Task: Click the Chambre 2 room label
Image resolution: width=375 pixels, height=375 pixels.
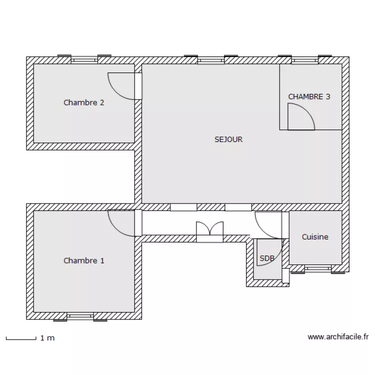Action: tap(83, 102)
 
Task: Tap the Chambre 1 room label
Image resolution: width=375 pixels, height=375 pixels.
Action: tap(84, 260)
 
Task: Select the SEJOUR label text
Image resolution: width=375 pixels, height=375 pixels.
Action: tap(228, 139)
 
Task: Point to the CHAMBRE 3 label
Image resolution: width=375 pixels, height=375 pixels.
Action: tap(309, 96)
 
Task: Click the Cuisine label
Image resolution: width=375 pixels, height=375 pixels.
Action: tap(315, 237)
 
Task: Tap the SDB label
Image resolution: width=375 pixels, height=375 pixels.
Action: tap(267, 258)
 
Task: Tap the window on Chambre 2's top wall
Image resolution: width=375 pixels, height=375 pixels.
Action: tap(84, 60)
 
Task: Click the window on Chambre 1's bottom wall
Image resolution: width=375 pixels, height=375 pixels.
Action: tap(80, 316)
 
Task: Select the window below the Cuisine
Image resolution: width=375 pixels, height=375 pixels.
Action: tap(318, 268)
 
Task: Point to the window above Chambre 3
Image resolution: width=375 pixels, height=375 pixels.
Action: tap(305, 60)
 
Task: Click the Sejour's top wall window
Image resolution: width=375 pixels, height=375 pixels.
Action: tap(211, 60)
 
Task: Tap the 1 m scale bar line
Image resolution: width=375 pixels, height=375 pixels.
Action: tap(21, 339)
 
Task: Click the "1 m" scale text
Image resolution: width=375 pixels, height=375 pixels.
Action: tap(47, 338)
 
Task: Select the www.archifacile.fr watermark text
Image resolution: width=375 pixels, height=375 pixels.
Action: tap(338, 337)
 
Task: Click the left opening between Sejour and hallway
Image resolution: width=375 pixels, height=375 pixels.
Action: tap(183, 207)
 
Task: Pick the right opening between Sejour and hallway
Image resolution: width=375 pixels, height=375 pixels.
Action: tap(238, 207)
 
